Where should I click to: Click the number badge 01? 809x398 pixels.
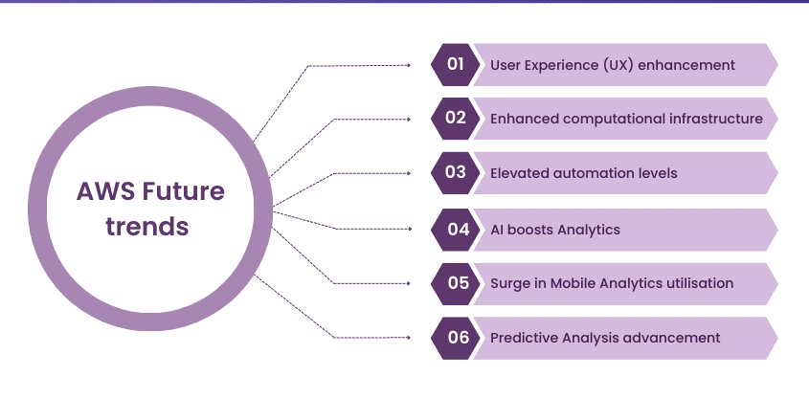(455, 65)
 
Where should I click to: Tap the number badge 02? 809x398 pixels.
(455, 119)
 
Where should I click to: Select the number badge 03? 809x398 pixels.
(455, 173)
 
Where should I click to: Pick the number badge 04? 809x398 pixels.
(455, 230)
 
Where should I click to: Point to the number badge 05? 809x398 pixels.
(455, 283)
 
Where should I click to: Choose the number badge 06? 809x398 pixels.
(455, 338)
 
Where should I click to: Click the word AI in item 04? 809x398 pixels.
(498, 230)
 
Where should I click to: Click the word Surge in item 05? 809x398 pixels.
(509, 283)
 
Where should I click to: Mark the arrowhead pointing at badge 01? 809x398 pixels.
(409, 65)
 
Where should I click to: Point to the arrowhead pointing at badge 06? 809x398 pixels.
(409, 338)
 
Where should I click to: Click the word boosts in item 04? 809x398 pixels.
(534, 230)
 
